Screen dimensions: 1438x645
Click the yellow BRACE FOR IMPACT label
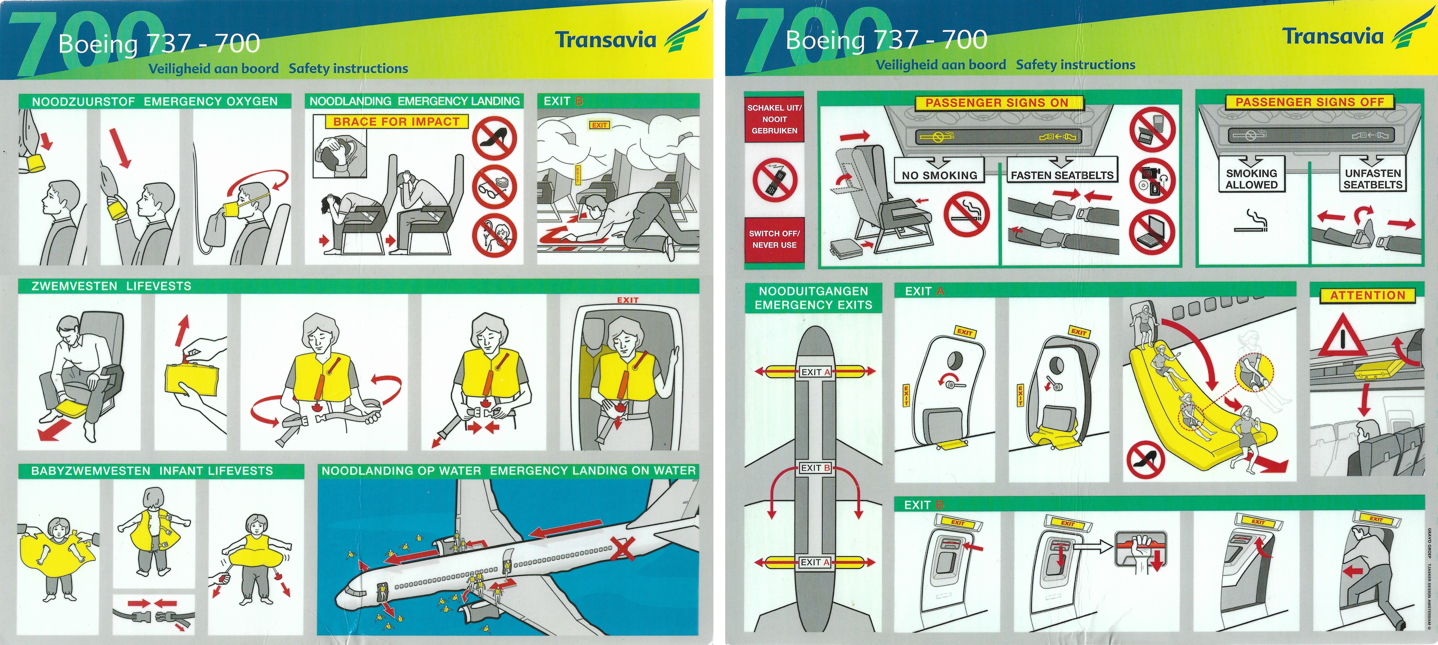396,122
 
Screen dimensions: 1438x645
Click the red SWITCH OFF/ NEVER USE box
774,239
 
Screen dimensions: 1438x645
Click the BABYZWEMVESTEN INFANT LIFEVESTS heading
152,471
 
